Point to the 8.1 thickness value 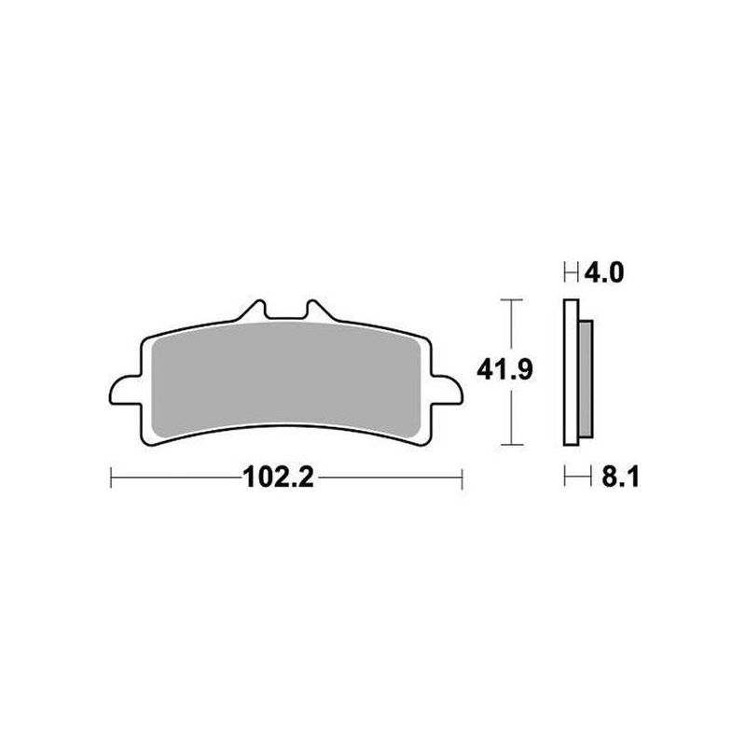point(603,479)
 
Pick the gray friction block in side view point(586,373)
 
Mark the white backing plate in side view point(572,373)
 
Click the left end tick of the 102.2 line point(111,479)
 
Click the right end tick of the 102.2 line point(463,479)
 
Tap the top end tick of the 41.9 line point(508,300)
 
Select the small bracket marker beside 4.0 point(571,273)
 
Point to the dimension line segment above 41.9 point(508,326)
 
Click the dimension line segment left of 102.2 point(177,479)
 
